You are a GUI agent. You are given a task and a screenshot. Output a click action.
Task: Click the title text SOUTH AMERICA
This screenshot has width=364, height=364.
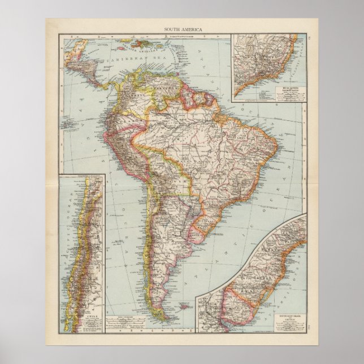click(x=181, y=28)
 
